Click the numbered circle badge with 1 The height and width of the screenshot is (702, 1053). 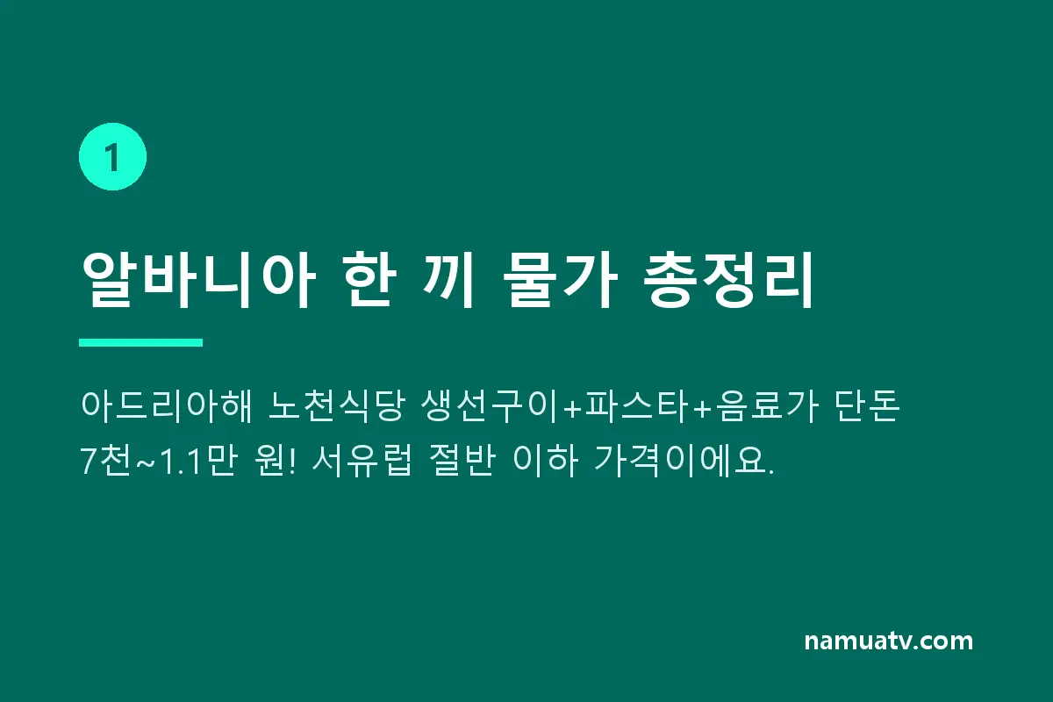(113, 156)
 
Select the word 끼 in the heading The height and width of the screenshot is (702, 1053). (448, 280)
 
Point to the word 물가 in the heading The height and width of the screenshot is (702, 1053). (560, 280)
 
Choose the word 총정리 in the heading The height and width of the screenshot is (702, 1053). (727, 280)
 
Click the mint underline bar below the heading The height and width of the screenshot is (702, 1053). (141, 342)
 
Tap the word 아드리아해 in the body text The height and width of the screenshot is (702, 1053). (167, 405)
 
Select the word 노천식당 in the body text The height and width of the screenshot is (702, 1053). (336, 405)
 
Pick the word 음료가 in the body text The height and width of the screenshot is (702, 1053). (767, 405)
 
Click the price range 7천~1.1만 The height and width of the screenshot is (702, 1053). (157, 461)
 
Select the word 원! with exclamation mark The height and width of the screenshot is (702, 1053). (276, 461)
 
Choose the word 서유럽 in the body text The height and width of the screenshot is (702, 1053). (362, 461)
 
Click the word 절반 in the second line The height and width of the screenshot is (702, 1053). (463, 461)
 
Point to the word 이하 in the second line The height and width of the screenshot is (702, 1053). (545, 461)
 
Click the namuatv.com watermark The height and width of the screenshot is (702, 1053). (888, 641)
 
